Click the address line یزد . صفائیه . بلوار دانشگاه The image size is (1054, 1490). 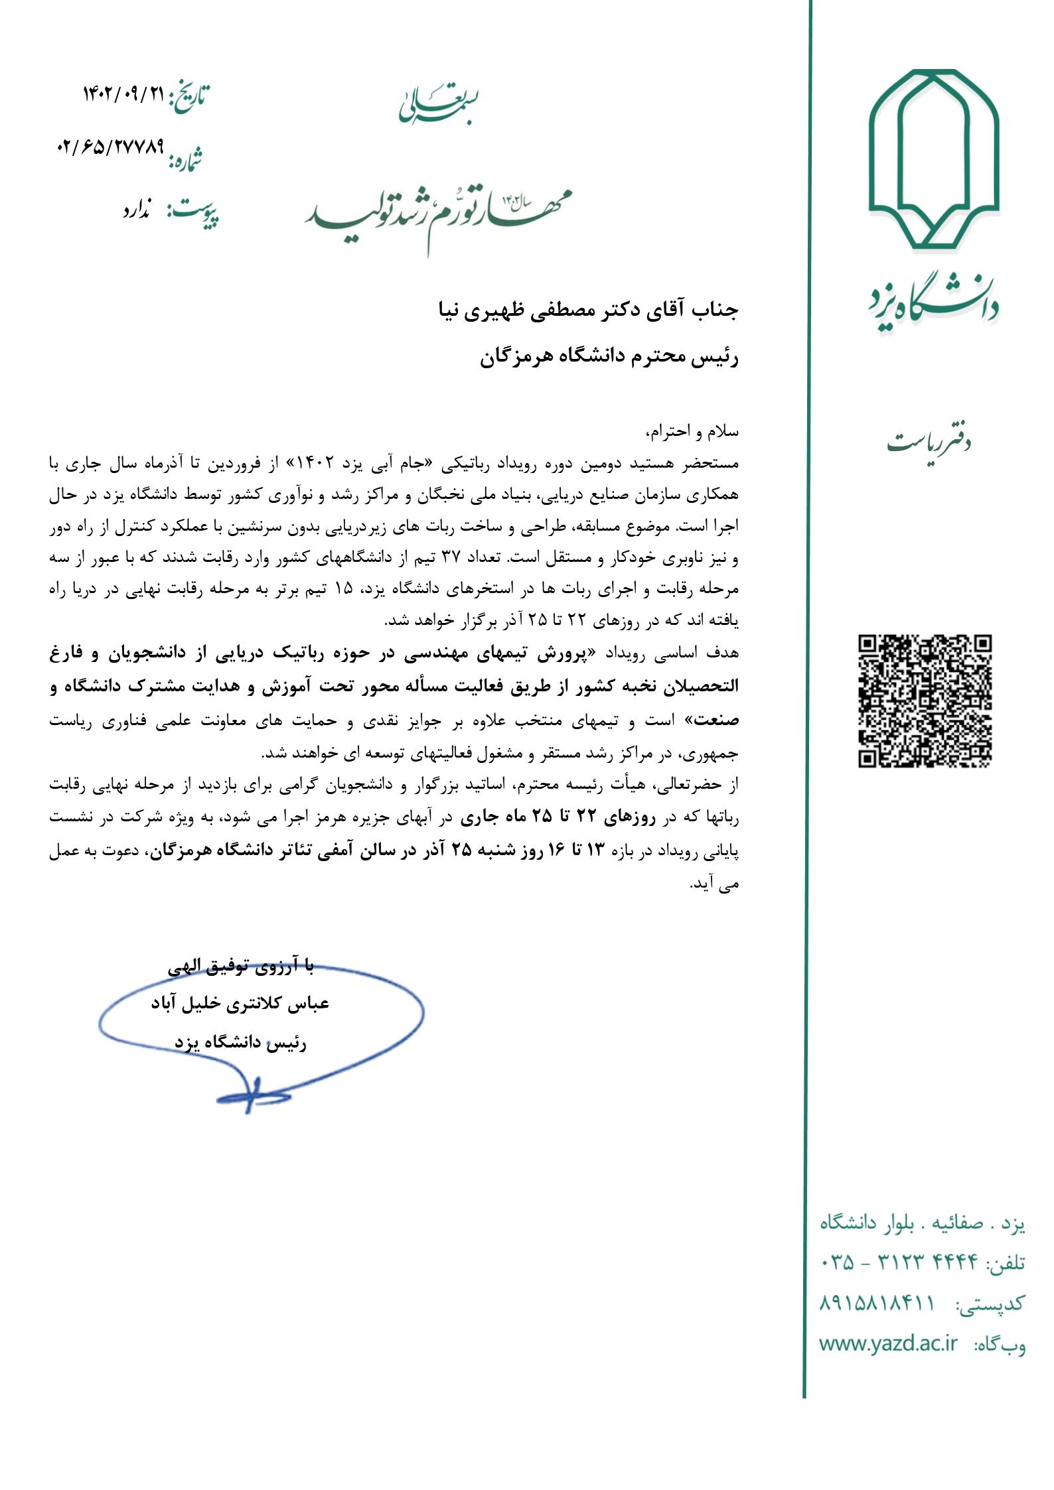tap(923, 1223)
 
